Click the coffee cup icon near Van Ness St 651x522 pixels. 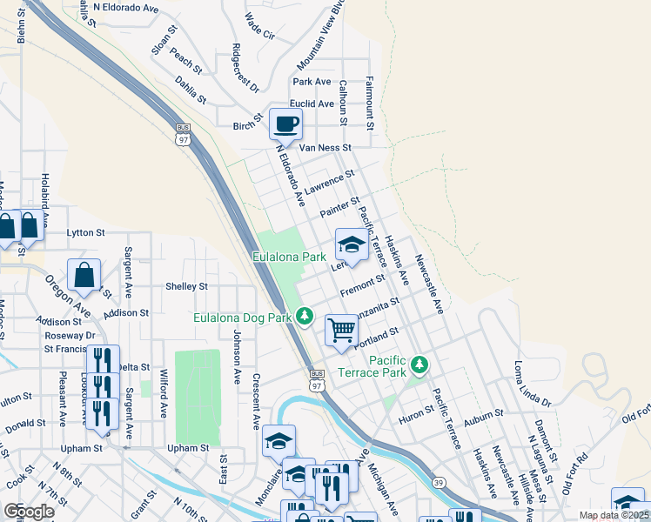coord(285,124)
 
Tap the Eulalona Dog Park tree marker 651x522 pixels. coord(305,316)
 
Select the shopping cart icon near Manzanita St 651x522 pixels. coord(341,330)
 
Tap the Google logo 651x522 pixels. coord(29,512)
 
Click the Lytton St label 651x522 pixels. coord(85,233)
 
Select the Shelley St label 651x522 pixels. coord(187,286)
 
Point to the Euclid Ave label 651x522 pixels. coord(313,104)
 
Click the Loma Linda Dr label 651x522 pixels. coord(533,384)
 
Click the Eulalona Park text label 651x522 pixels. coord(288,258)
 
